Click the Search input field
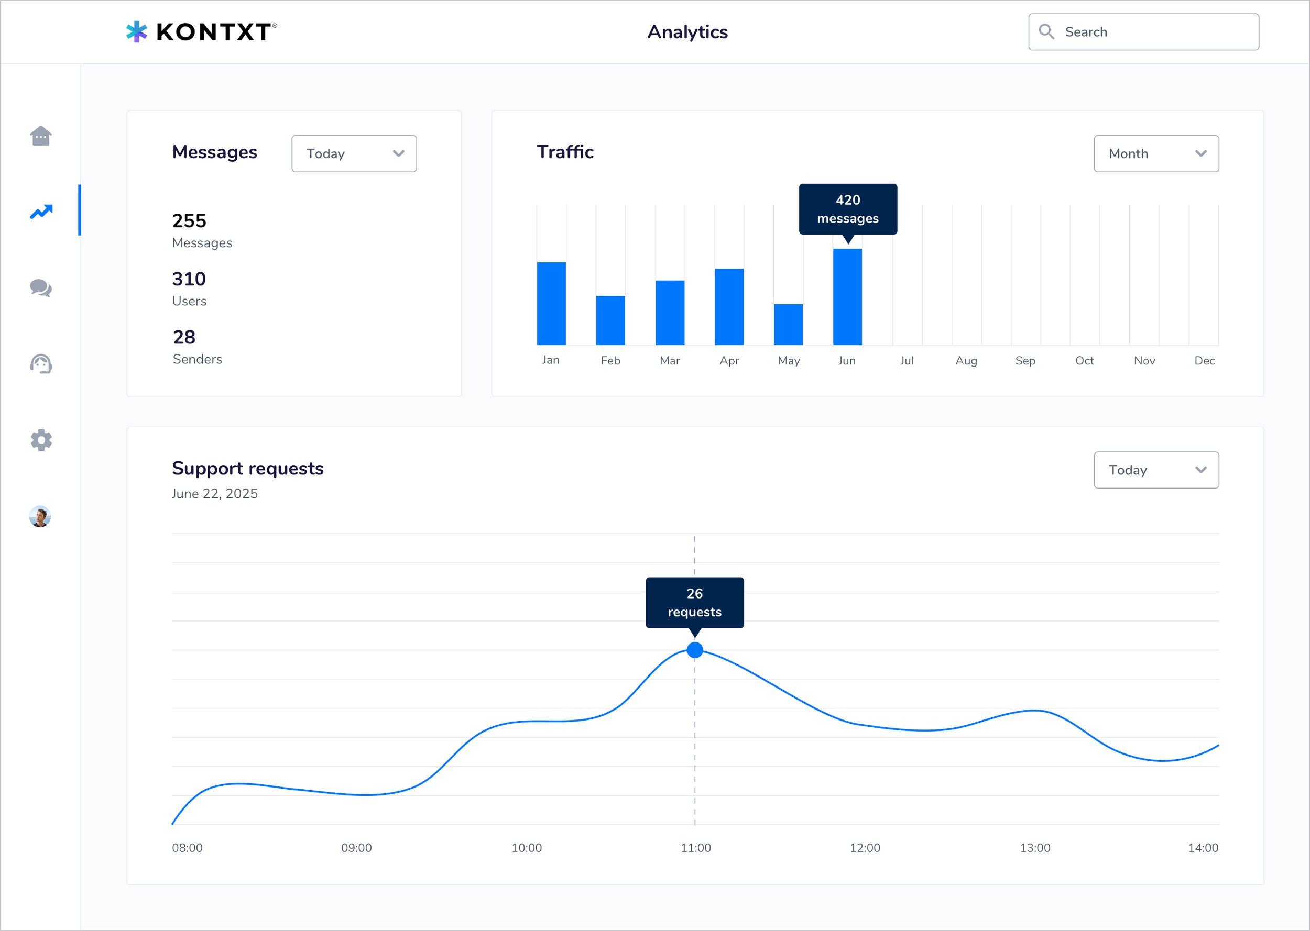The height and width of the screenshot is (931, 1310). coord(1144,32)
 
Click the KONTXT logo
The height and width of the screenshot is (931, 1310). coord(201,32)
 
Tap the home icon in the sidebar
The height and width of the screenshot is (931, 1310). coord(41,136)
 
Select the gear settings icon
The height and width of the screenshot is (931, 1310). coord(41,440)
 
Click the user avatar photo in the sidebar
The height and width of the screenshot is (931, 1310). coord(40,516)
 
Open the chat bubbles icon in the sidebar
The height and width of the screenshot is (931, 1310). coord(41,288)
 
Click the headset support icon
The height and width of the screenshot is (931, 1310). coord(41,364)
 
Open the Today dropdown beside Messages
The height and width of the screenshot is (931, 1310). coord(354,153)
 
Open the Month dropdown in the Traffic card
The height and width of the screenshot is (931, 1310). coord(1156,153)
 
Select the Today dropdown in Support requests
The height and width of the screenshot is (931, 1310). coord(1156,470)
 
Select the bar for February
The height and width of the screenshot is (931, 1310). coord(610,320)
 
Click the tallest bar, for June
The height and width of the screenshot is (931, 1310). coord(847,297)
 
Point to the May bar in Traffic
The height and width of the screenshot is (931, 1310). coord(788,325)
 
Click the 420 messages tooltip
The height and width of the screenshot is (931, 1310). coord(848,209)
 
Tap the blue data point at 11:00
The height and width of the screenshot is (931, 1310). coord(695,650)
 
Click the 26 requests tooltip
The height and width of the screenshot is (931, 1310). coord(695,603)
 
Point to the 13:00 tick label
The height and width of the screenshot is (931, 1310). coord(1035,848)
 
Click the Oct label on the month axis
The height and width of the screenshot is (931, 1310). coord(1084,361)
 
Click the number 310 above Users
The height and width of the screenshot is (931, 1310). coord(189,279)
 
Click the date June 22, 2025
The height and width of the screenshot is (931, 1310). coord(214,494)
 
